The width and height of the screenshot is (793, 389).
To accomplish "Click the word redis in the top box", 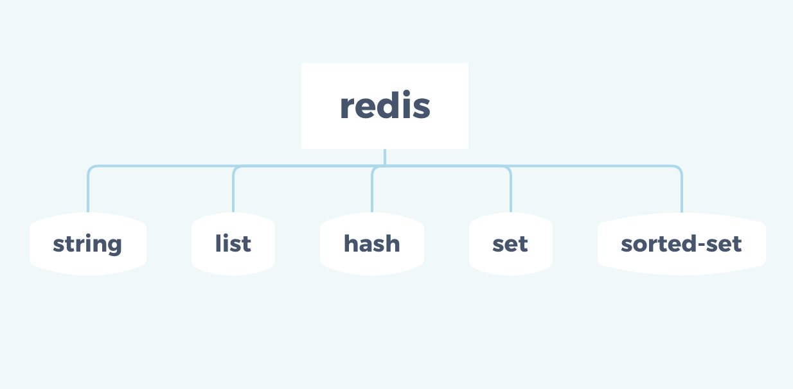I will point(384,106).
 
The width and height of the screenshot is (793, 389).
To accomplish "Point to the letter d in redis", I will point(387,106).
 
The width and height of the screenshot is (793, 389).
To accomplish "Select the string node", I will point(87,244).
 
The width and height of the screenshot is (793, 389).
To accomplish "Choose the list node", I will point(233,244).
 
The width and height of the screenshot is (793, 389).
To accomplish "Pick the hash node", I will point(371,244).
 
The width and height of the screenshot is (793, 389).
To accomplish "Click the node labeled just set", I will point(510,244).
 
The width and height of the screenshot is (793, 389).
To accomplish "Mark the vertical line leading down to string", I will point(88,193).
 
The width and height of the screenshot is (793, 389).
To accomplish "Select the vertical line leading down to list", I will point(233,193).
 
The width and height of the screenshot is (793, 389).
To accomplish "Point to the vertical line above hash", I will point(372,193).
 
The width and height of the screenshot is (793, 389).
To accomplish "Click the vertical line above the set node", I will point(511,193).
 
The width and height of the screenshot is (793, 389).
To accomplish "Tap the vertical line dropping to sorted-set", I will point(682,193).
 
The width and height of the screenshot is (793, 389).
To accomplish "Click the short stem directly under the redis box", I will point(384,157).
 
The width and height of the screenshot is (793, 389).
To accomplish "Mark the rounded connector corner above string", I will point(91,169).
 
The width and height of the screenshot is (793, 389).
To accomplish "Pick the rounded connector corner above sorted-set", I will point(679,169).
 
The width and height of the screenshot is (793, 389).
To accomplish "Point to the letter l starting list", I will point(218,243).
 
